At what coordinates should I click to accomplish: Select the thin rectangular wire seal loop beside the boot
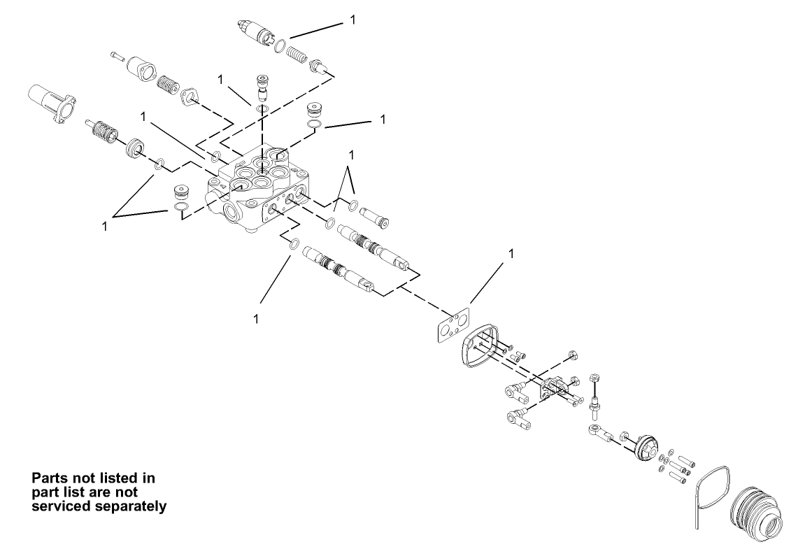click(x=713, y=494)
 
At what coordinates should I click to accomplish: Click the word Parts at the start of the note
click(x=50, y=478)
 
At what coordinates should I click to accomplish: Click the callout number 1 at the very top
click(x=352, y=20)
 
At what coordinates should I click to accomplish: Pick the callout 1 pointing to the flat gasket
click(x=511, y=253)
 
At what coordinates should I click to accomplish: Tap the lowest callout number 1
click(x=255, y=319)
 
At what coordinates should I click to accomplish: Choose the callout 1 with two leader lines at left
click(x=105, y=227)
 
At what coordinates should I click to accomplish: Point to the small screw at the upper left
click(x=117, y=56)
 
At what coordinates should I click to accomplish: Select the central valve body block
click(x=258, y=190)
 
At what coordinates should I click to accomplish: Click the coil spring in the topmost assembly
click(x=297, y=55)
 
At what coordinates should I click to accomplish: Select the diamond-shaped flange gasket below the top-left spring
click(x=190, y=97)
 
